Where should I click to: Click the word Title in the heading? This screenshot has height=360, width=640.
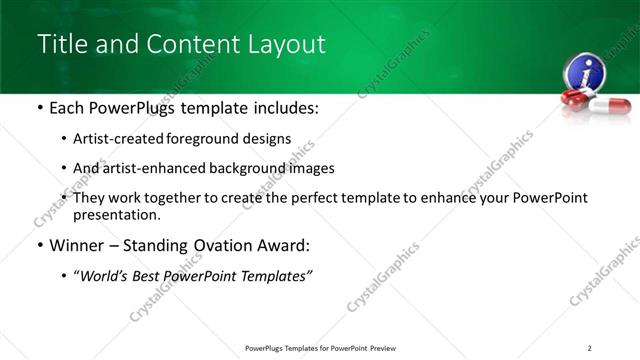click(63, 44)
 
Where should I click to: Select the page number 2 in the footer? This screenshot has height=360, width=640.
click(590, 347)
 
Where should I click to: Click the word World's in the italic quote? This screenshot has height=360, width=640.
click(116, 276)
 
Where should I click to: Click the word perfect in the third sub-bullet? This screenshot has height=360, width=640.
click(342, 198)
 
